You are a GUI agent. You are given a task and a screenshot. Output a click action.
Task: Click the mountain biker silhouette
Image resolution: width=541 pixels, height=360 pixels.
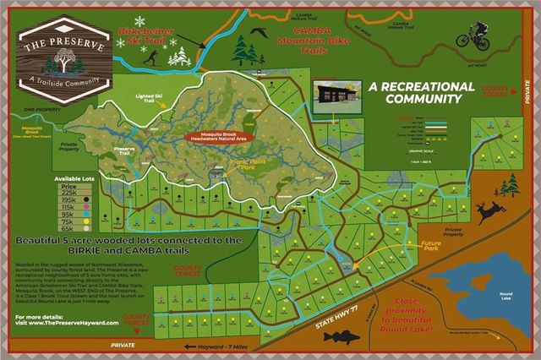click(472, 35)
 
